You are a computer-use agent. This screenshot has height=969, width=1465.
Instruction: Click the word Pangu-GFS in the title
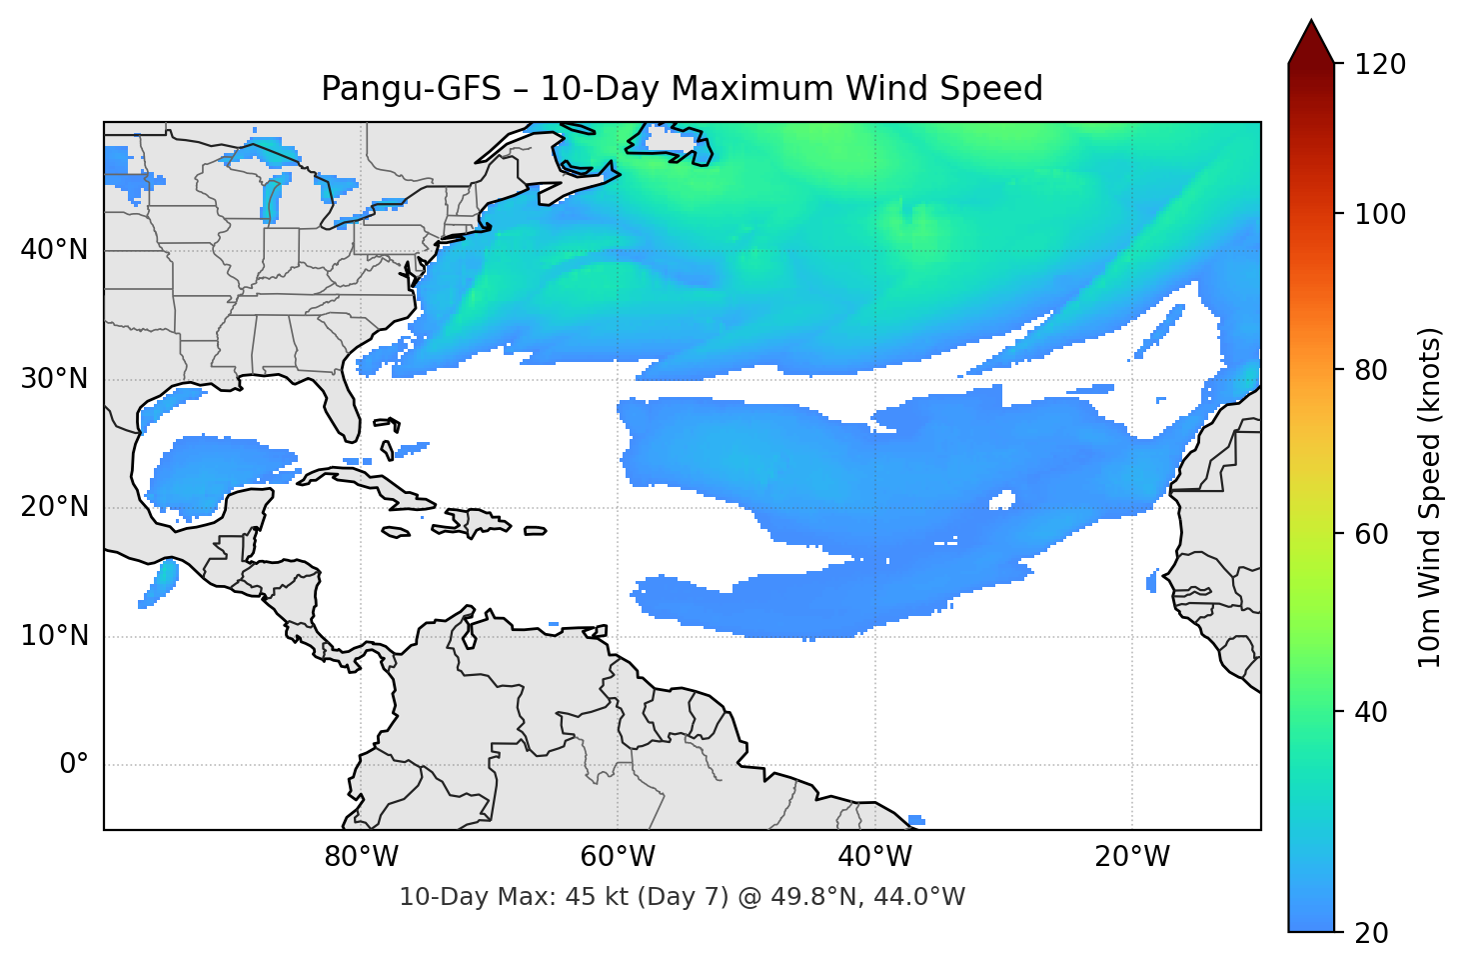pyautogui.click(x=411, y=89)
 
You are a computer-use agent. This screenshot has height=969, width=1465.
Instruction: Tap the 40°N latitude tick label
pyautogui.click(x=54, y=250)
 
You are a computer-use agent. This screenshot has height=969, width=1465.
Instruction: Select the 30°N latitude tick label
pyautogui.click(x=54, y=379)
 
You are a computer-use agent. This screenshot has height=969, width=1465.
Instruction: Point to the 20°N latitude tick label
pyautogui.click(x=54, y=507)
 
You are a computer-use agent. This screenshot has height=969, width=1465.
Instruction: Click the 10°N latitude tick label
pyautogui.click(x=54, y=636)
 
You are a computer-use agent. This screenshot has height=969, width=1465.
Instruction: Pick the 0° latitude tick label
pyautogui.click(x=74, y=765)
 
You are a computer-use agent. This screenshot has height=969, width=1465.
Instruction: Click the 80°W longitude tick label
pyautogui.click(x=361, y=857)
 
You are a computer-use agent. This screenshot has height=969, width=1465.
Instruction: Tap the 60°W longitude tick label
pyautogui.click(x=618, y=857)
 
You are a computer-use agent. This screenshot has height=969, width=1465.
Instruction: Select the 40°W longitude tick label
pyautogui.click(x=874, y=857)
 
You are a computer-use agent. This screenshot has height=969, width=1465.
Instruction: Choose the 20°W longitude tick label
pyautogui.click(x=1131, y=857)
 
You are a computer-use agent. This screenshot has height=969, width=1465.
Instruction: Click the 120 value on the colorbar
pyautogui.click(x=1380, y=65)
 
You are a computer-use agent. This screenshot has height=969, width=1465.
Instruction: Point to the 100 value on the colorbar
pyautogui.click(x=1380, y=214)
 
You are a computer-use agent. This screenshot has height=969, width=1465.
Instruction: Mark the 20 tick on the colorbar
pyautogui.click(x=1372, y=932)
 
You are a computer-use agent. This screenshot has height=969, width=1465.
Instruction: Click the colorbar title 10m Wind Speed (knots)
pyautogui.click(x=1430, y=497)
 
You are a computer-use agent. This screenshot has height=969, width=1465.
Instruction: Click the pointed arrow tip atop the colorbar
pyautogui.click(x=1311, y=24)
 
